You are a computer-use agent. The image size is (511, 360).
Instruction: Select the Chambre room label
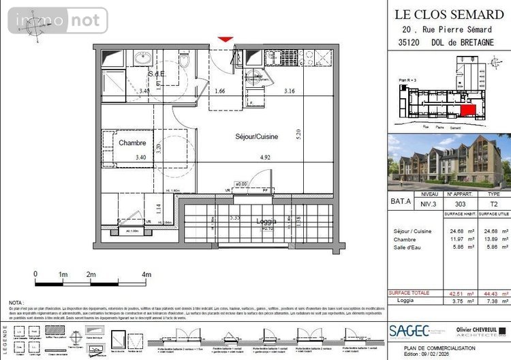(x=133, y=143)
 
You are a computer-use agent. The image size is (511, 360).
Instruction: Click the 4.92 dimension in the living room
(x=247, y=157)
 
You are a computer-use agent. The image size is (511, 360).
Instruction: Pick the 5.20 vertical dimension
(x=298, y=134)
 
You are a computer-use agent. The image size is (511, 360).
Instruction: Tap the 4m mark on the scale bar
(x=146, y=274)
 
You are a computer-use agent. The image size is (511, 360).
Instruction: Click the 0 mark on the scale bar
(x=35, y=274)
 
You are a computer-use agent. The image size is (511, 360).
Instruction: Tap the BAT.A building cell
(x=401, y=202)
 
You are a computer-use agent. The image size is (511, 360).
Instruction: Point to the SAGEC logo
(x=409, y=331)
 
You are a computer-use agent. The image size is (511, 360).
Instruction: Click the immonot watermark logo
(x=58, y=20)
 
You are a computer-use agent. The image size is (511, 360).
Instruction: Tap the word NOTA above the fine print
(x=16, y=302)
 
